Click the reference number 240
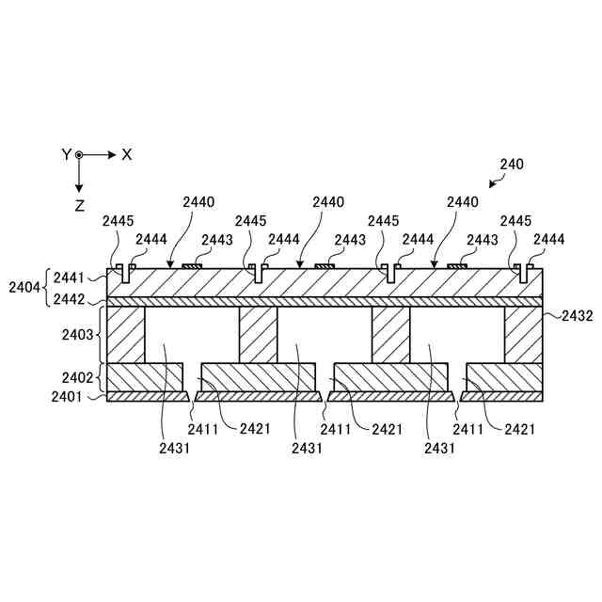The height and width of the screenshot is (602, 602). click(512, 164)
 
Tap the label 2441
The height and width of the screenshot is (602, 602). click(69, 277)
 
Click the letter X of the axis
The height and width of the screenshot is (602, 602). click(127, 154)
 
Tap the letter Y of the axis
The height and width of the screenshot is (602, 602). click(66, 154)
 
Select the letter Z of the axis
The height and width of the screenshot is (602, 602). click(80, 204)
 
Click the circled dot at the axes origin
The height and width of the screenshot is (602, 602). click(80, 154)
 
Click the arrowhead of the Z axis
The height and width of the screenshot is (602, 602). click(80, 187)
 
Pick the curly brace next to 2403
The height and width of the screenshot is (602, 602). click(100, 334)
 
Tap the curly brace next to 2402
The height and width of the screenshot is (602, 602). click(100, 377)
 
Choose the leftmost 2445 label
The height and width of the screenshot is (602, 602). click(119, 220)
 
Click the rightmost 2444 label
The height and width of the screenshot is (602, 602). click(548, 240)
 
